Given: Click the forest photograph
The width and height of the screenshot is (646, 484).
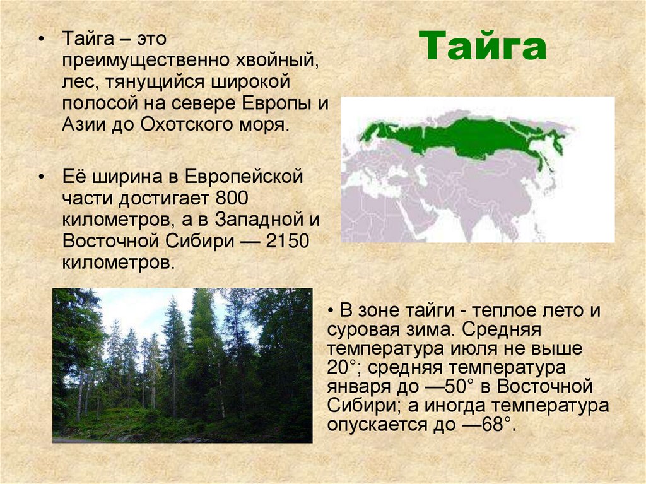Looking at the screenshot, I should coord(182,365).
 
